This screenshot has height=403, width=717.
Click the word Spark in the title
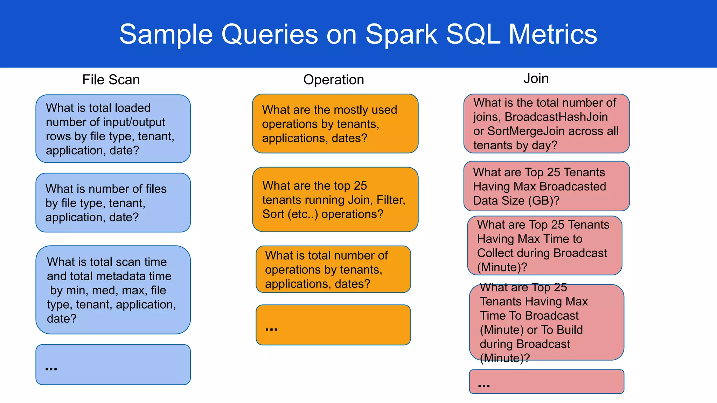coord(401,34)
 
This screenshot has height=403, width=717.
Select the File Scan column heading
coord(111,80)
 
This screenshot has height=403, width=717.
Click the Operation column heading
coord(333,80)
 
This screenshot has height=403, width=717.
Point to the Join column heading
coord(536,78)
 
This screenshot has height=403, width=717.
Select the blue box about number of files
coord(113,203)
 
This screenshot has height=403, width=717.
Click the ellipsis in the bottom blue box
coord(51,368)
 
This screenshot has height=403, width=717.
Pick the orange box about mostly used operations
coord(335,123)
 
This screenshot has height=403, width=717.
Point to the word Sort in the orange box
coord(273,214)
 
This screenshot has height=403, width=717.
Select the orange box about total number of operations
coord(333,269)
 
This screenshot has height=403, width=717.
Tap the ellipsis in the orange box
coord(271,328)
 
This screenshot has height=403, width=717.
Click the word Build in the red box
coord(570,330)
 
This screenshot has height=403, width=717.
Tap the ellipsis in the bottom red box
coord(484,386)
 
